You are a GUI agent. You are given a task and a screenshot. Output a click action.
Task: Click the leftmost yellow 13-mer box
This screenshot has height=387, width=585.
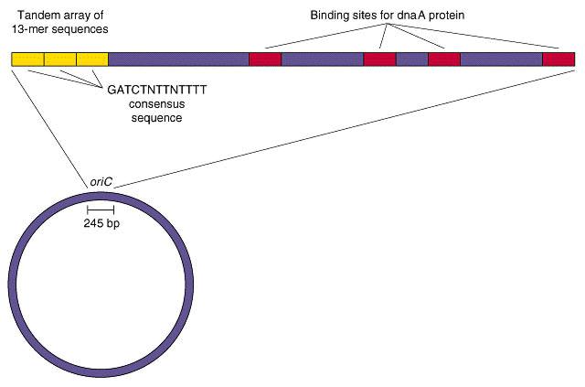click(28, 59)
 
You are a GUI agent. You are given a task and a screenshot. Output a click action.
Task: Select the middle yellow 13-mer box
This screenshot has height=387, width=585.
click(60, 59)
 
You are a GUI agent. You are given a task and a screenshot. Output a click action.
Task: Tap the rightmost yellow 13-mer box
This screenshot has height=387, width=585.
click(92, 59)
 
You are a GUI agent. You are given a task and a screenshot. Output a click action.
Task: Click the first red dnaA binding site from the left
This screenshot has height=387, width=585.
click(265, 59)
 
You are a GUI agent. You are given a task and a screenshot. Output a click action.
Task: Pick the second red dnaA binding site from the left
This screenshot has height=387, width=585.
click(380, 59)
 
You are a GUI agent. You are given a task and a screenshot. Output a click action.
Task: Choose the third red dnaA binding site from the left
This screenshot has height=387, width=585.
click(444, 59)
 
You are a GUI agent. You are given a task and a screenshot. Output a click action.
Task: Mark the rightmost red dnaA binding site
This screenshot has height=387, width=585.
click(558, 59)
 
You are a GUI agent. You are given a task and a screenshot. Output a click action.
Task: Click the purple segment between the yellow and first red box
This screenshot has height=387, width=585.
click(179, 59)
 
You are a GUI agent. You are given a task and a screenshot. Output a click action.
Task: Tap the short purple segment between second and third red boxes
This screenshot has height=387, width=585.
click(412, 59)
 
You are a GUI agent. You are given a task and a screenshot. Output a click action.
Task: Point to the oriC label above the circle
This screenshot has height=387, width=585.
click(101, 182)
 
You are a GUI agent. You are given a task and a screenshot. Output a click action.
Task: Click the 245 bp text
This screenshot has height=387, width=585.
click(101, 223)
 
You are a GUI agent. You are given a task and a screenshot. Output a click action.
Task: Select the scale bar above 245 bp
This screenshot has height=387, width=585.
click(101, 210)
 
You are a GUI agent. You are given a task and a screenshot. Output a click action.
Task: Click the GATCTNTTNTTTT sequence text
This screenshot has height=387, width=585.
click(156, 90)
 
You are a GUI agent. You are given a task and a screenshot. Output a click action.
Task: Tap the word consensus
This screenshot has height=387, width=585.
click(156, 104)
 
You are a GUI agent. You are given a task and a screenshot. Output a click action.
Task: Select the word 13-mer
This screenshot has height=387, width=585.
click(27, 29)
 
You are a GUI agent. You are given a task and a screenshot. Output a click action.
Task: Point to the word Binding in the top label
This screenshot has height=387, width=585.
click(329, 16)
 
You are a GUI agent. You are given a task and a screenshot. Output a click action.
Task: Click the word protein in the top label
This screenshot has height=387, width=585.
click(447, 16)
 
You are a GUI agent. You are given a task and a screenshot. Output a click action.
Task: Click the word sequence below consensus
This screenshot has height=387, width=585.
click(156, 118)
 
